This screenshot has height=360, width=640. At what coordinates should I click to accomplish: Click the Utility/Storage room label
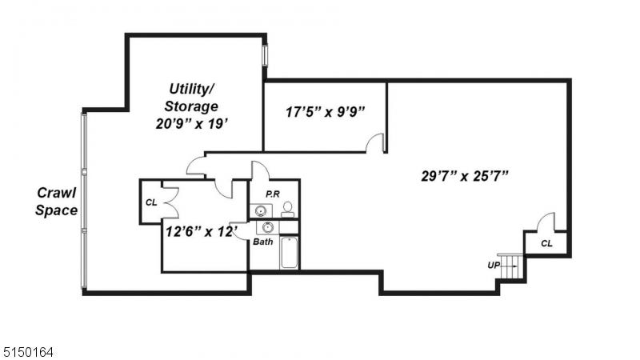[x=191, y=98]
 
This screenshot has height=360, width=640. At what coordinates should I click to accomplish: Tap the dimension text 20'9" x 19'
[x=191, y=123]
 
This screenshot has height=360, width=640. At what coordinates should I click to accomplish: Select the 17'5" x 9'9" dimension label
[x=325, y=112]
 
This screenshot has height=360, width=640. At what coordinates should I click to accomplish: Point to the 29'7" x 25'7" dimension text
[x=465, y=176]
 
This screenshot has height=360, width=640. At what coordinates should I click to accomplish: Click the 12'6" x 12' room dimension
[x=202, y=231]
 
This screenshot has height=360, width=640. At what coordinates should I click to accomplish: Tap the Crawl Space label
[x=56, y=202]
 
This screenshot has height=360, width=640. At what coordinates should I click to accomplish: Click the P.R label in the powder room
[x=273, y=194]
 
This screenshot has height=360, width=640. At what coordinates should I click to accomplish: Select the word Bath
[x=263, y=242]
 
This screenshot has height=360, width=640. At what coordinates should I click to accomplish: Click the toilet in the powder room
[x=288, y=209]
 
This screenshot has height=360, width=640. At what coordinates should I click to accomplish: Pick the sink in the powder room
[x=260, y=210]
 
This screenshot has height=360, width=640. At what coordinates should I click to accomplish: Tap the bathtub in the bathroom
[x=289, y=252]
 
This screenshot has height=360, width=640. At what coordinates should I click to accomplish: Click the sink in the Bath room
[x=268, y=227]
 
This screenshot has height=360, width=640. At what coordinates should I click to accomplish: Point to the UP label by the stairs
[x=494, y=266]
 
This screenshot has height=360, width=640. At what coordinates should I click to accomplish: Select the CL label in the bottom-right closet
[x=546, y=244]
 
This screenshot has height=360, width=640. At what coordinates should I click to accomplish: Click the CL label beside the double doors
[x=151, y=202]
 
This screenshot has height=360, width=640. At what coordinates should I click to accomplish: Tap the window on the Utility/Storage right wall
[x=265, y=55]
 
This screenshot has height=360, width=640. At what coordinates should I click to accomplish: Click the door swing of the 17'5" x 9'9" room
[x=374, y=142]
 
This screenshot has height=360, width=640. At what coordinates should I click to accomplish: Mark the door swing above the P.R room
[x=260, y=170]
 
